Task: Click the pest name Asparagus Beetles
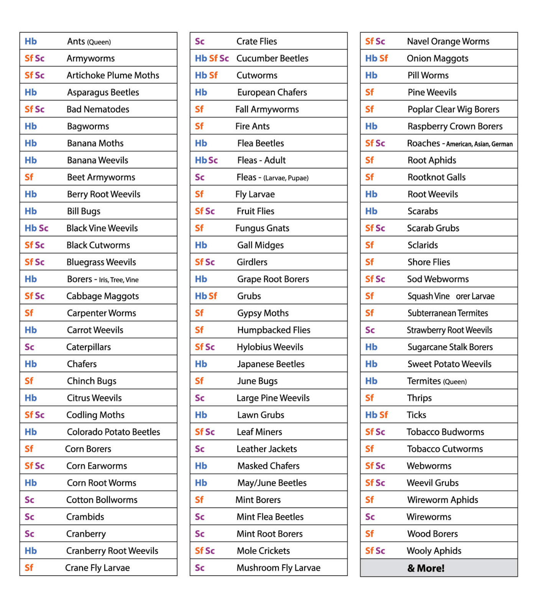[103, 92]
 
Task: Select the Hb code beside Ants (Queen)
[31, 41]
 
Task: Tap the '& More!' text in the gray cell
[426, 568]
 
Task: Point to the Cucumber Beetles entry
[272, 58]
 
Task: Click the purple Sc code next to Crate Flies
[200, 41]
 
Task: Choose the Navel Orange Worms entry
[448, 41]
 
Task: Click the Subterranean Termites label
[448, 313]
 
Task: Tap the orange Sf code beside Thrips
[369, 398]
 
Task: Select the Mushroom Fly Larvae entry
[278, 568]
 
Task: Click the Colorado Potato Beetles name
[113, 432]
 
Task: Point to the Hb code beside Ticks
[371, 415]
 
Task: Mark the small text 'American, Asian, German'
[479, 144]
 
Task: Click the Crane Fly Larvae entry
[97, 568]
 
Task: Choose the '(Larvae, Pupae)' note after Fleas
[286, 178]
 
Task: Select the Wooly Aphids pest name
[434, 551]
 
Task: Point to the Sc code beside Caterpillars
[30, 347]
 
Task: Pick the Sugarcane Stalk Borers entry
[450, 347]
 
